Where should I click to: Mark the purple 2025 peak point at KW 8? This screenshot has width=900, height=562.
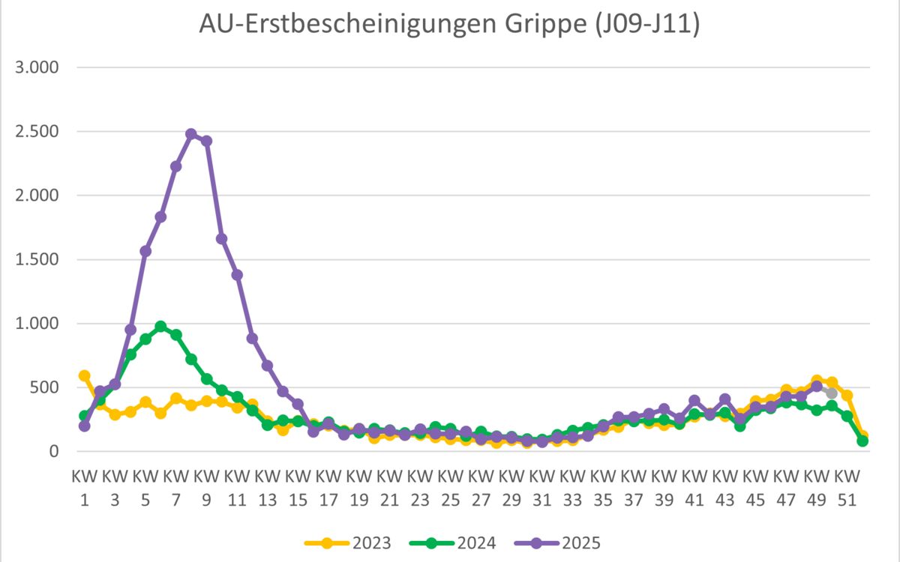(191, 134)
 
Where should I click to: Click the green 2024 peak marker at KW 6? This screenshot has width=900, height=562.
(160, 326)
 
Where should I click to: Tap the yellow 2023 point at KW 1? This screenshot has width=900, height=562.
(84, 375)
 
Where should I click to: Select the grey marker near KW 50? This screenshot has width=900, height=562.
(832, 393)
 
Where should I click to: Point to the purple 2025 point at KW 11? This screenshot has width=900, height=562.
(237, 275)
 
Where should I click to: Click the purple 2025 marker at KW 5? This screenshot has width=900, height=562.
(145, 251)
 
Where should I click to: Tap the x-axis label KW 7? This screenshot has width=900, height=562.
(175, 486)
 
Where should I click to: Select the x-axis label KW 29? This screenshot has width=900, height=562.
(511, 486)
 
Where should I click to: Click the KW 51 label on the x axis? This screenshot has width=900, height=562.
(847, 486)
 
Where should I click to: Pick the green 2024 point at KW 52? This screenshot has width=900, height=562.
(862, 441)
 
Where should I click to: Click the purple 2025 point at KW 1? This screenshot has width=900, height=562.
(84, 426)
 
